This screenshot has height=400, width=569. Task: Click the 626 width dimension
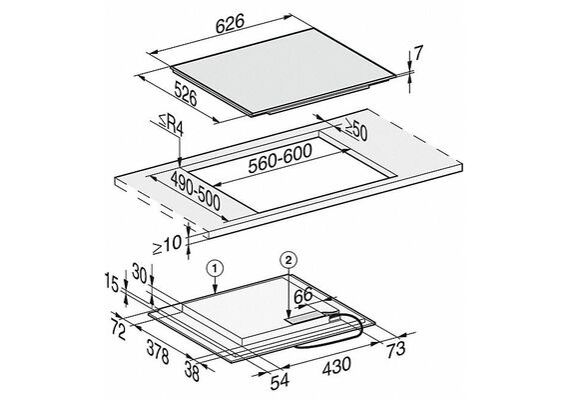click(230, 24)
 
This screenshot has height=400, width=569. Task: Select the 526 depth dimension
click(186, 93)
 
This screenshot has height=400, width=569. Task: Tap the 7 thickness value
click(418, 54)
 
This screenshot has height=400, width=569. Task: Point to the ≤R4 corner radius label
click(170, 125)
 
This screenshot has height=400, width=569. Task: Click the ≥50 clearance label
click(355, 129)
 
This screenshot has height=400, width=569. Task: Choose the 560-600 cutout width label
click(280, 159)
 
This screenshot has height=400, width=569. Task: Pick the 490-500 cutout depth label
click(196, 191)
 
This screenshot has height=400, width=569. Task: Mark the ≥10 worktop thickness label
click(167, 245)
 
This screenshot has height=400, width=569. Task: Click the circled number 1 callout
click(215, 269)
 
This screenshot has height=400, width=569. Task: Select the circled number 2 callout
click(288, 260)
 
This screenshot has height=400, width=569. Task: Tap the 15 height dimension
click(112, 282)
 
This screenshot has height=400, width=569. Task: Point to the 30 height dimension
click(140, 273)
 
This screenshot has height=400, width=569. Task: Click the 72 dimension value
click(119, 331)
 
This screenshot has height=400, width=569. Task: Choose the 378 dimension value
click(158, 351)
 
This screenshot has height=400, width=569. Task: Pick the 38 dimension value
click(192, 371)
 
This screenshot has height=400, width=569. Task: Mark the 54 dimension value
click(280, 381)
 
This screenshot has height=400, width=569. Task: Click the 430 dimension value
click(336, 366)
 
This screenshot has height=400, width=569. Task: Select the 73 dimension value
click(395, 349)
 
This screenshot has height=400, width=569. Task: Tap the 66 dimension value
click(303, 296)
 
